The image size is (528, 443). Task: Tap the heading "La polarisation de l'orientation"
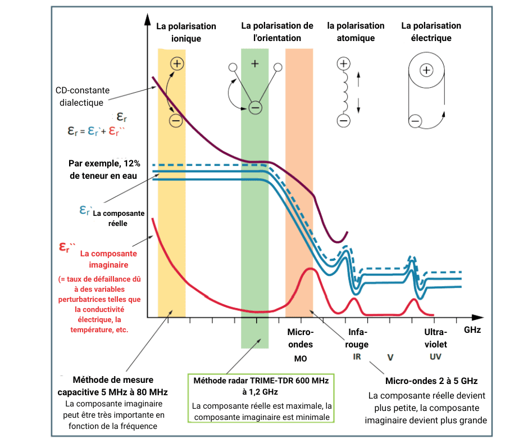click(x=277, y=32)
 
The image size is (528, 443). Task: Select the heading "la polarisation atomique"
click(x=356, y=32)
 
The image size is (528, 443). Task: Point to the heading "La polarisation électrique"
click(x=431, y=32)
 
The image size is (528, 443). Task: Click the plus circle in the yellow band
click(x=177, y=64)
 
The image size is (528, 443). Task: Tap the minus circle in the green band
click(x=255, y=107)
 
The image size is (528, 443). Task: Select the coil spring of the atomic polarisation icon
click(x=344, y=92)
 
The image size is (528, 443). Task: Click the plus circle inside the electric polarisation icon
click(x=426, y=70)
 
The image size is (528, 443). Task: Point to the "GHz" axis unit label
click(x=472, y=330)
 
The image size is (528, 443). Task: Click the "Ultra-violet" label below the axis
click(x=436, y=337)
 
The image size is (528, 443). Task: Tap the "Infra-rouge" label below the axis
click(x=358, y=337)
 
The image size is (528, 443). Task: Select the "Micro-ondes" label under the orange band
click(x=300, y=338)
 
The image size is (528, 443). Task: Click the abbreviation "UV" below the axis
click(x=435, y=357)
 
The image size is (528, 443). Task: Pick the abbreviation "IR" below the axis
click(x=357, y=356)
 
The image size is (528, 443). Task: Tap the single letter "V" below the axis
click(x=390, y=357)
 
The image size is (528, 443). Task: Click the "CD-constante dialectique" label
click(x=83, y=96)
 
